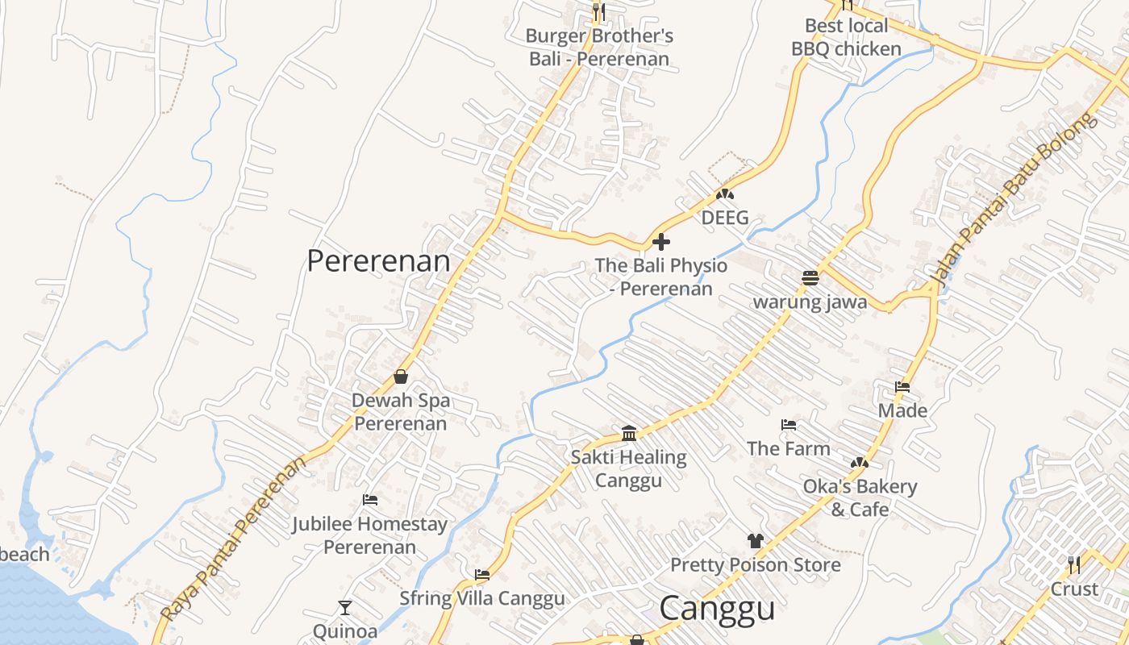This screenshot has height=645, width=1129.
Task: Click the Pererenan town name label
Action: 378,260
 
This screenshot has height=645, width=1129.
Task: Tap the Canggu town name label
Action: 717,608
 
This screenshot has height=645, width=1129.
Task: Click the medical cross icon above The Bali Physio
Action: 660,241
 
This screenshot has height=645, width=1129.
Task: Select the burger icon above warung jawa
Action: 810,278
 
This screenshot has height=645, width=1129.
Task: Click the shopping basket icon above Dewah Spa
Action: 401,376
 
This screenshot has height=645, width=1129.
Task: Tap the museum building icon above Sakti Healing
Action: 629,434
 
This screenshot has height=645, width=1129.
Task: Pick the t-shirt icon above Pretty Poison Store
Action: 755,540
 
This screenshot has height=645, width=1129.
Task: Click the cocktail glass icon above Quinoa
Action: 345,607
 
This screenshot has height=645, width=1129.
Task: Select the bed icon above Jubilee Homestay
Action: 370,500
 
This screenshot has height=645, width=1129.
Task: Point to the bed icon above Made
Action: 902,387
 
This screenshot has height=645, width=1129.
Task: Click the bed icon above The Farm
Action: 789,424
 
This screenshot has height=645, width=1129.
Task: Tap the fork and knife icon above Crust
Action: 1074,564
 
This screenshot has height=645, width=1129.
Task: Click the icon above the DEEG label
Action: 725,194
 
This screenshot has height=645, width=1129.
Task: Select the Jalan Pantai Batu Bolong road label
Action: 1013,200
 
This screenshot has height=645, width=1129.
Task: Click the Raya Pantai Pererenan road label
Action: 234,539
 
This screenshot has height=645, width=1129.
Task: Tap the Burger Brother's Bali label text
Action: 599,47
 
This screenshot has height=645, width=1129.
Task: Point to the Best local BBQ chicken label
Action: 846,37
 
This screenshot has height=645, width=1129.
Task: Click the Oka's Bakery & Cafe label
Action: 860,497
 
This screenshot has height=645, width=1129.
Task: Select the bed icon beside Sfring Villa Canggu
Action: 482,575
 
